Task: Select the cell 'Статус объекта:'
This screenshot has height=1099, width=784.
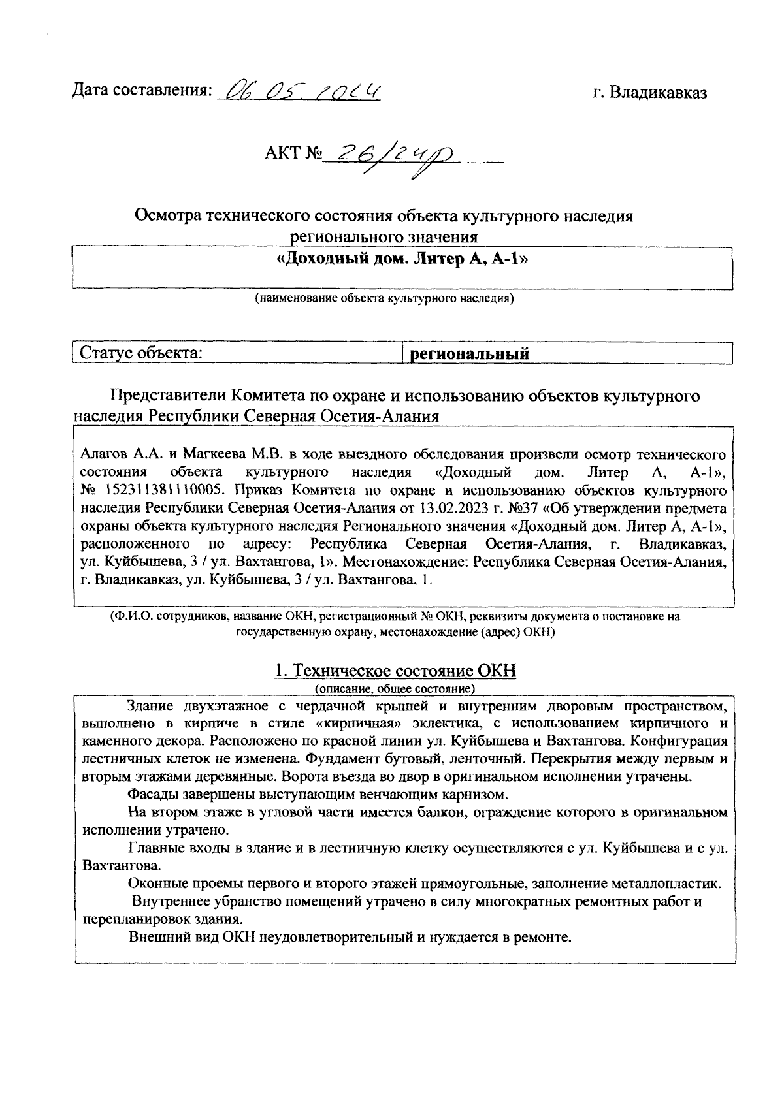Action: (140, 353)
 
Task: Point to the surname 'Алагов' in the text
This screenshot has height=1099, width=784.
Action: (101, 454)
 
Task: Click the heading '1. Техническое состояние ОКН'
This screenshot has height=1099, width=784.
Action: (395, 671)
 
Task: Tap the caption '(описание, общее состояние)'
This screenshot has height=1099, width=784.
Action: (395, 689)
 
